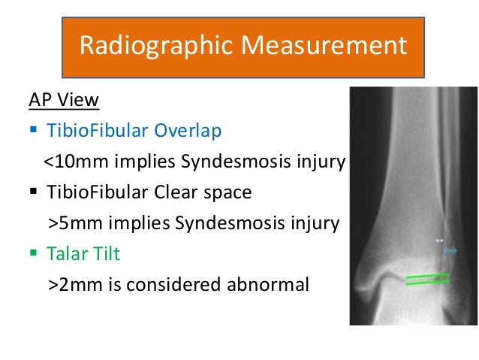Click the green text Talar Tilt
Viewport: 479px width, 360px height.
pos(84,255)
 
